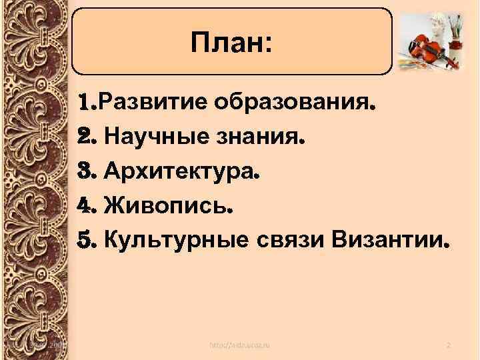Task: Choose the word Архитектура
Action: point(181,173)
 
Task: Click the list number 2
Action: point(86,138)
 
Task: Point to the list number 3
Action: point(86,173)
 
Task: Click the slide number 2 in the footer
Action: point(449,344)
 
